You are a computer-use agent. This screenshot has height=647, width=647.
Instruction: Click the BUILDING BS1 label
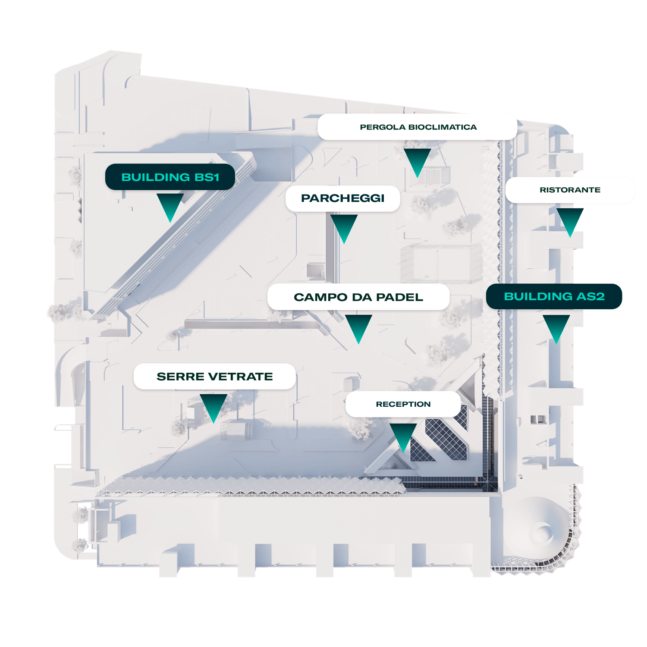coord(170,177)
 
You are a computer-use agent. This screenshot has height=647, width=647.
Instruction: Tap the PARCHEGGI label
coord(342,198)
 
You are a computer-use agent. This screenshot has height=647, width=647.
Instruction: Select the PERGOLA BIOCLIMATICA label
coord(418,127)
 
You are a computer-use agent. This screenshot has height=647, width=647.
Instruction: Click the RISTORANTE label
coord(570,190)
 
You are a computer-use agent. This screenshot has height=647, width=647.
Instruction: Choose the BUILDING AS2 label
coord(554,297)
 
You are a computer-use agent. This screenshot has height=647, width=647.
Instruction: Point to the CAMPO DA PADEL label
coord(358,297)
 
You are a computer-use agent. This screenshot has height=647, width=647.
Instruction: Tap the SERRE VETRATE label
coord(214,377)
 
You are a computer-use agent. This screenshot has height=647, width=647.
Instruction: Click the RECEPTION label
coord(403,404)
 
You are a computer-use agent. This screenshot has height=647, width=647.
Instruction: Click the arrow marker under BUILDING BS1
coord(170,205)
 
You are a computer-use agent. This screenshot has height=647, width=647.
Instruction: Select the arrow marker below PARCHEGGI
coord(344,226)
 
